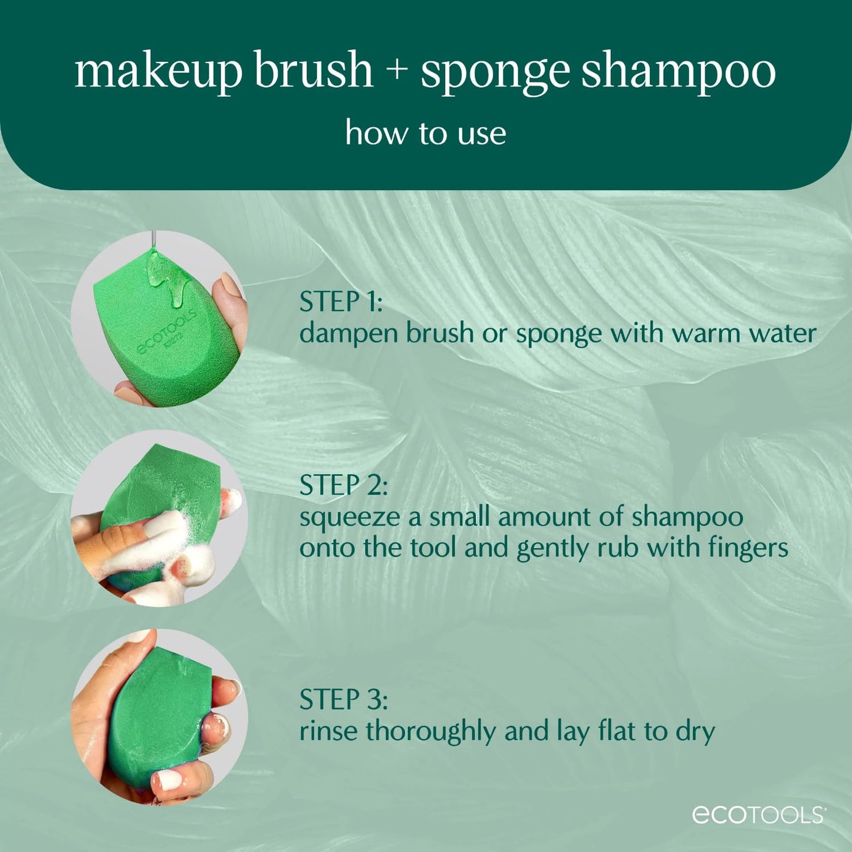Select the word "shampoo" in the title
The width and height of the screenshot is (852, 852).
(678, 72)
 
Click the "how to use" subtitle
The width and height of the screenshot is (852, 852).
(425, 133)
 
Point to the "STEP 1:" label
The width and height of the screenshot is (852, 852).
(341, 302)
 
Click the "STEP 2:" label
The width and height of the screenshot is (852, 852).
(343, 485)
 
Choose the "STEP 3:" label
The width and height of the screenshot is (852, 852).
(343, 700)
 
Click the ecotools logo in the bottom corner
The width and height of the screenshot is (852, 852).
(758, 814)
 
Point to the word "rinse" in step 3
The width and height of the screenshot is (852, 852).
(328, 732)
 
